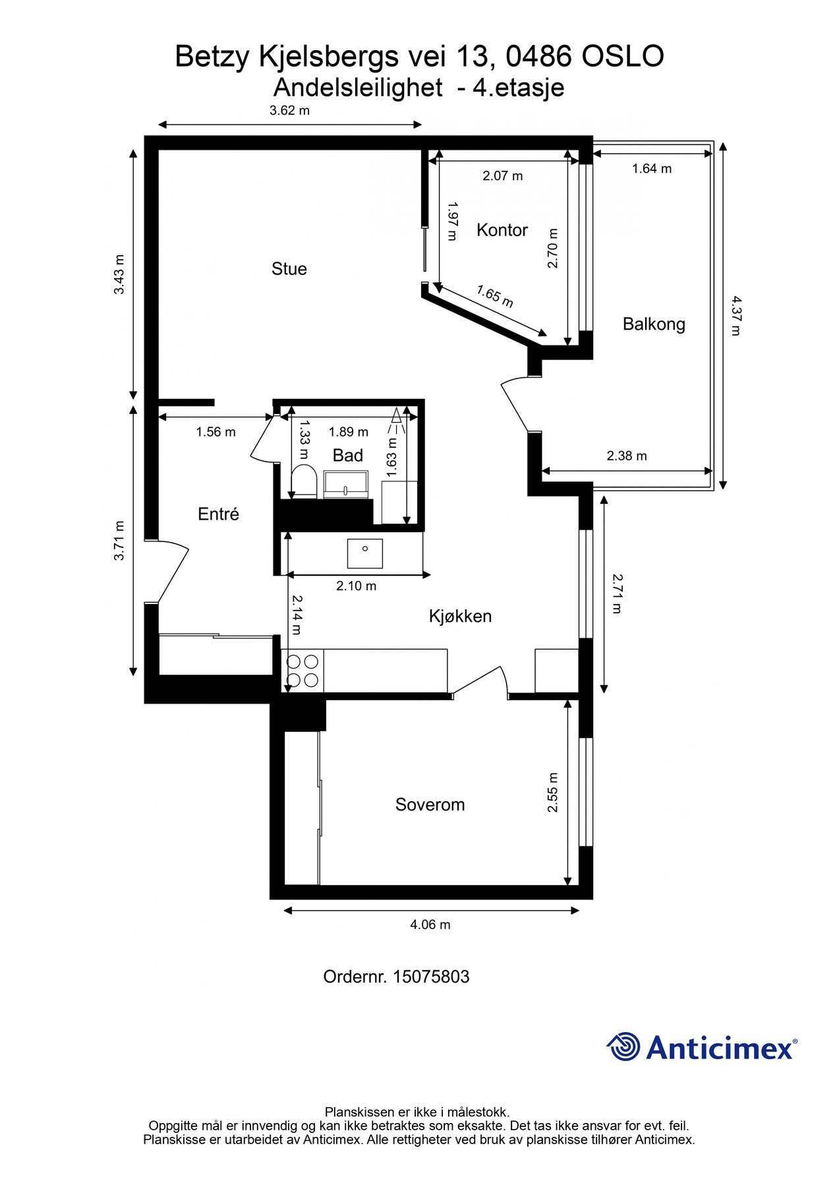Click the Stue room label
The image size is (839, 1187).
point(289,269)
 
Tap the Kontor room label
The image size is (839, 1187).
point(502,230)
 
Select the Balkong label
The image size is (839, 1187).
point(654,324)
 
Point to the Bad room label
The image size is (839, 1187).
point(348,456)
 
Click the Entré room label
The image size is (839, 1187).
point(218,514)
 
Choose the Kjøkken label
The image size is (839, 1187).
point(460,617)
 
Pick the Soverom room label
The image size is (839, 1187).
point(430,805)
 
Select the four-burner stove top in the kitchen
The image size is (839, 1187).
point(303,671)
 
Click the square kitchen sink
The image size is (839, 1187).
point(365,553)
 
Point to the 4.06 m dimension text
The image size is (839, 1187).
point(430,925)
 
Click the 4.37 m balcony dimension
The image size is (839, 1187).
point(736,315)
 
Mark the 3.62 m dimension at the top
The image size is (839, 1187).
point(289,111)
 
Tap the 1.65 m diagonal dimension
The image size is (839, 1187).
point(494,296)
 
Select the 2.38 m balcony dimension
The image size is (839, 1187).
point(627,456)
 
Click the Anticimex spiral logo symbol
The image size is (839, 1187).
point(623,1047)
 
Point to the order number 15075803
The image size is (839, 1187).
point(431,977)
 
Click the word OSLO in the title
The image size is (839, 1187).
point(623,57)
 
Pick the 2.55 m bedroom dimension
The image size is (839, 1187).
point(552,792)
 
